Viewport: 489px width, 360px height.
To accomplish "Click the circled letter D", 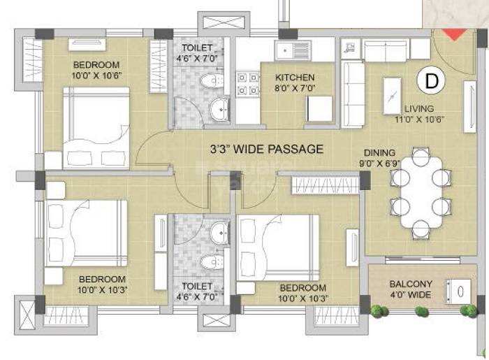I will click(x=432, y=81).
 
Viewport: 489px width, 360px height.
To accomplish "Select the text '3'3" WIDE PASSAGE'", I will click(x=267, y=149).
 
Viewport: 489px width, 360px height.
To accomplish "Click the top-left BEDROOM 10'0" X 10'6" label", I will click(x=96, y=71).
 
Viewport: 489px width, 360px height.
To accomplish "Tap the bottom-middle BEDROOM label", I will click(x=302, y=292).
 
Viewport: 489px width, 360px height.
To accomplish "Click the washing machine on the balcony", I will click(x=460, y=289).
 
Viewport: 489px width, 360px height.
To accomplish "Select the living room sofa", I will click(x=353, y=94).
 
